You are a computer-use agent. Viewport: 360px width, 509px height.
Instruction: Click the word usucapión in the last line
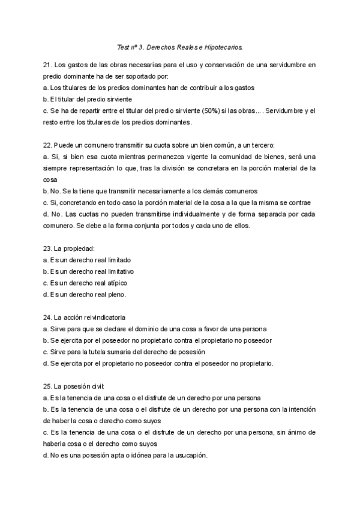click(190, 455)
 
